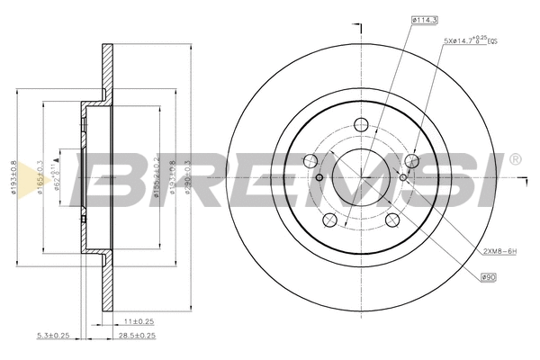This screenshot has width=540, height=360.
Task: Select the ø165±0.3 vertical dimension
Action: (x=39, y=175)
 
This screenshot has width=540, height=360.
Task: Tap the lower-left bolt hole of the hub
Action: (x=330, y=220)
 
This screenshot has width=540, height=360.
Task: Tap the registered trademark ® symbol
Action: (x=515, y=160)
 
